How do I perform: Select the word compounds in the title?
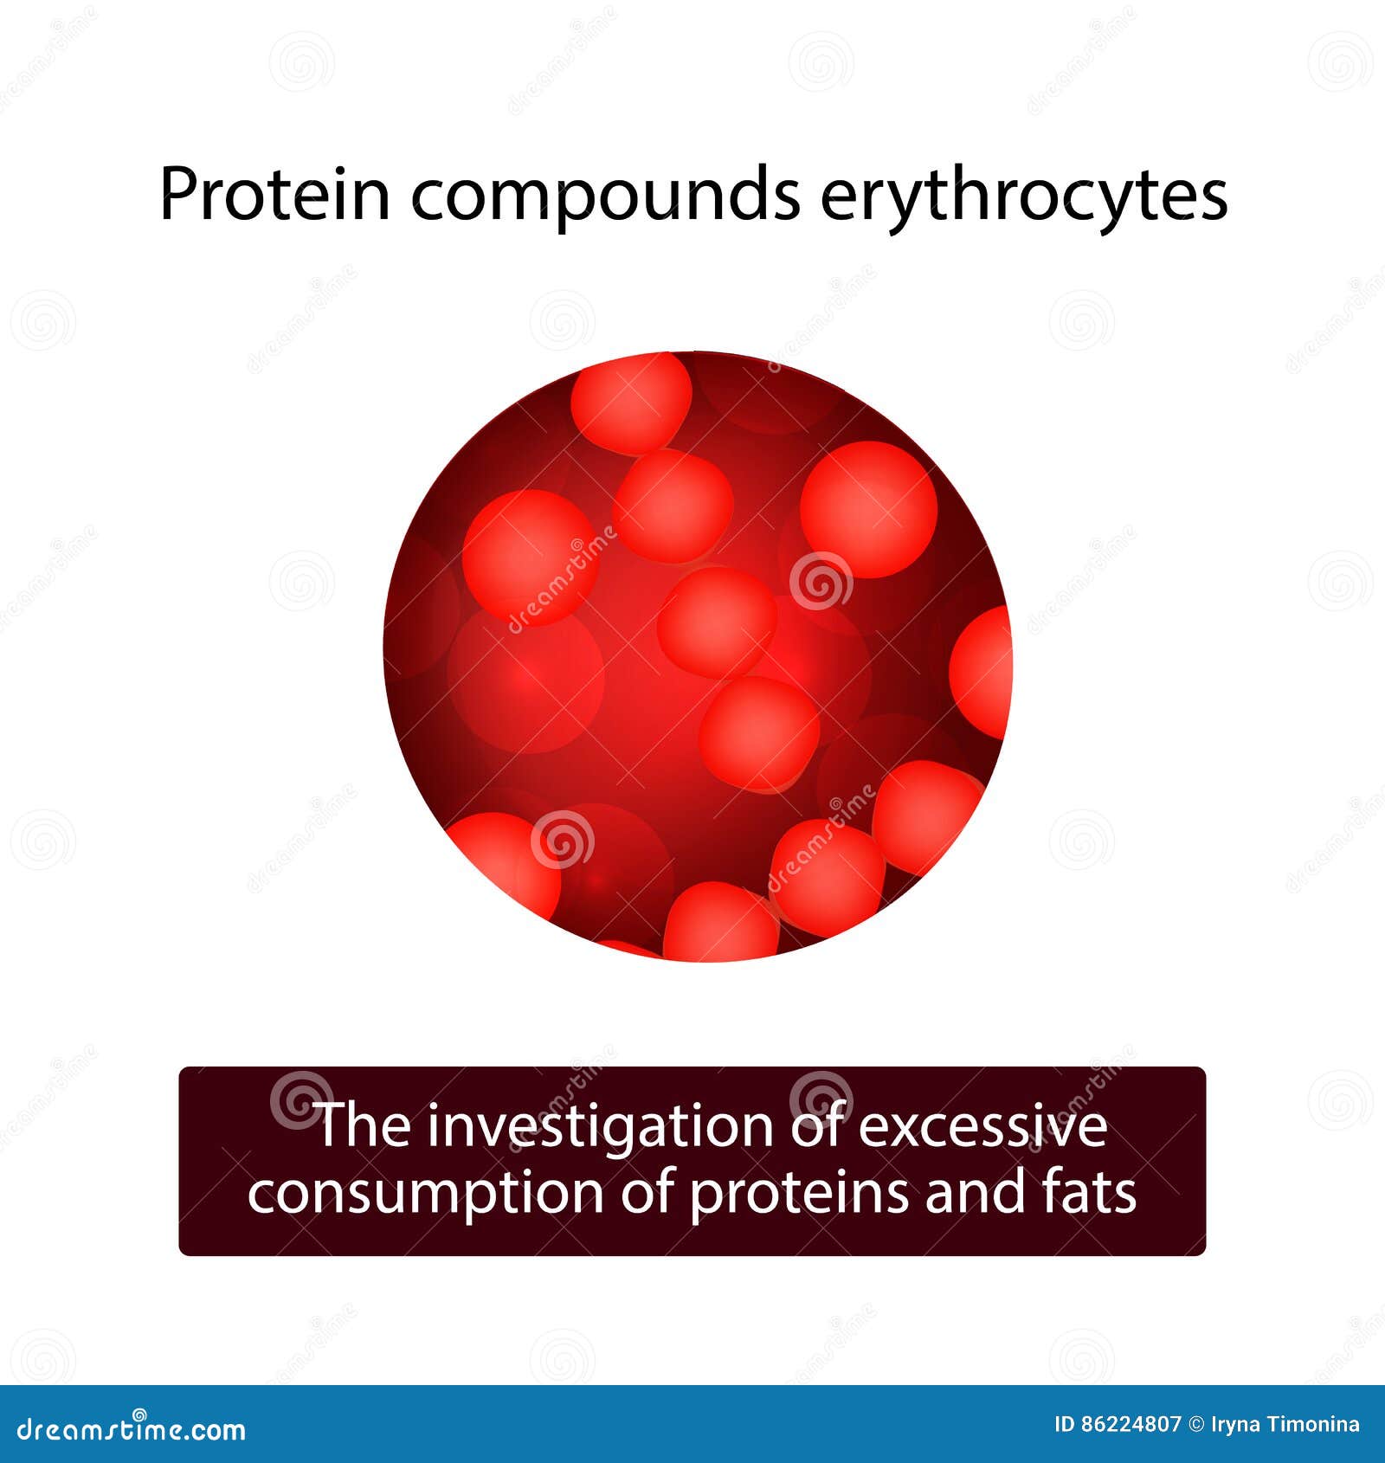click(605, 195)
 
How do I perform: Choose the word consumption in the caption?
click(425, 1195)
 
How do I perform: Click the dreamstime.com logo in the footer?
click(132, 1430)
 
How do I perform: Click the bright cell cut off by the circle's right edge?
click(982, 671)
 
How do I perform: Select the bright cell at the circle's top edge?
click(631, 403)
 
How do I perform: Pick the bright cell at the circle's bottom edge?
click(720, 924)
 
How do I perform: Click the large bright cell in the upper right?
click(868, 509)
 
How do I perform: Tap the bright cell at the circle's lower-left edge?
click(502, 861)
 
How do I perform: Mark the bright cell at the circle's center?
click(716, 622)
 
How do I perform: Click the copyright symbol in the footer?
click(1196, 1424)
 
